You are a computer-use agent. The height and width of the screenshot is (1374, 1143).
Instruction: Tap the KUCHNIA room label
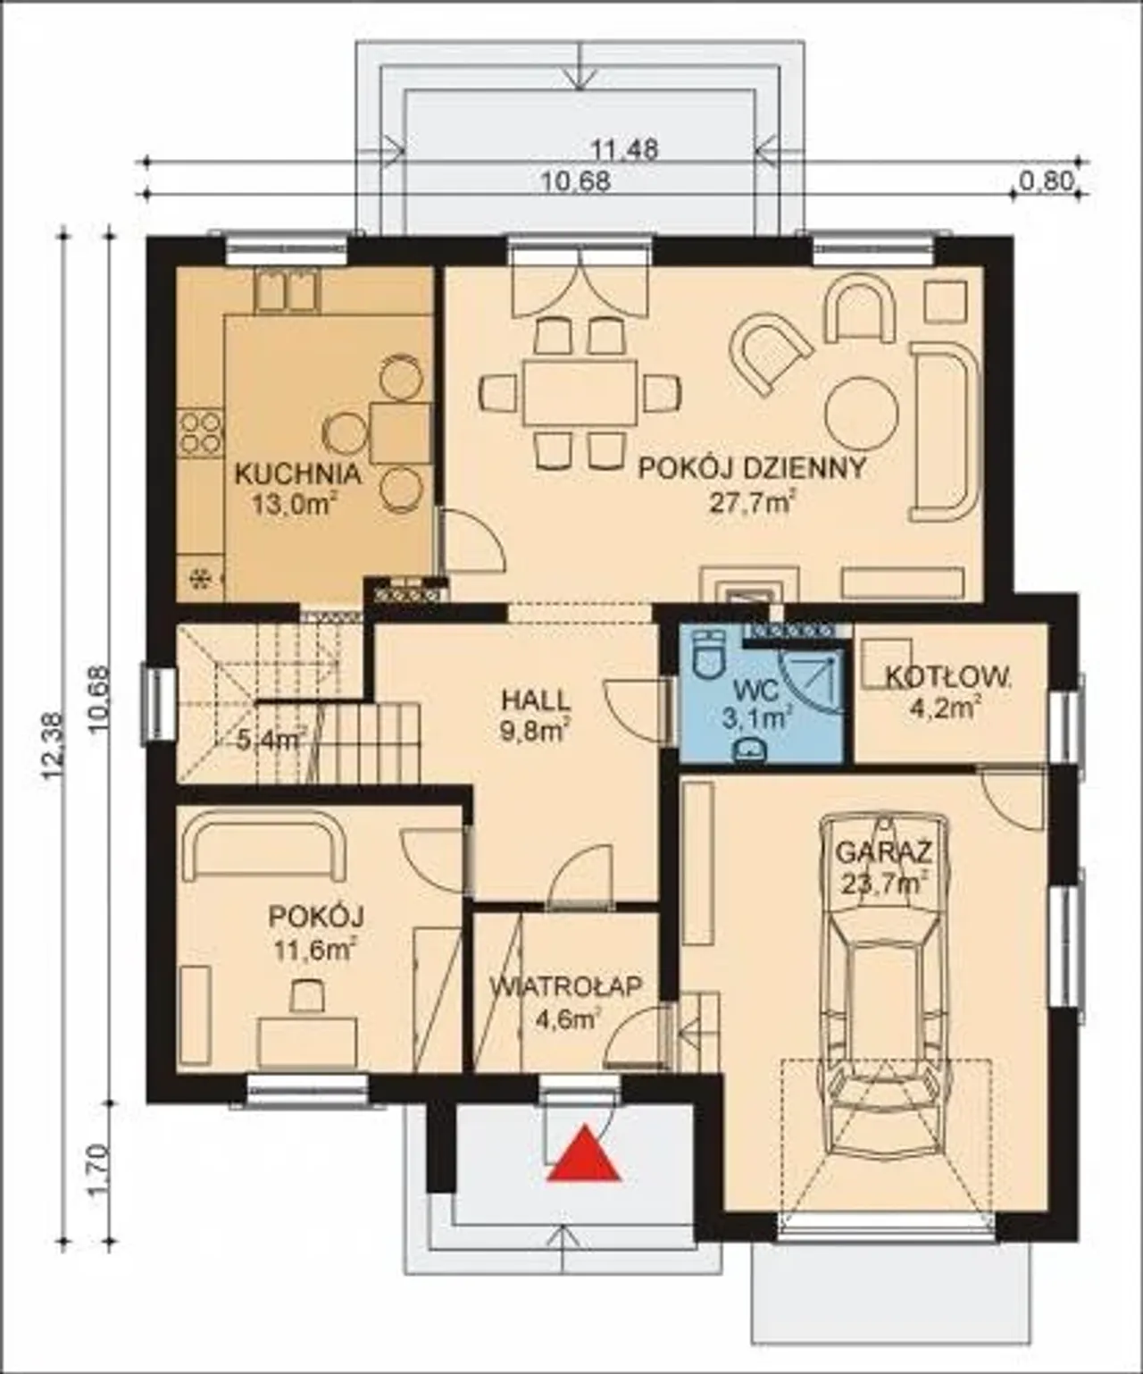click(x=298, y=473)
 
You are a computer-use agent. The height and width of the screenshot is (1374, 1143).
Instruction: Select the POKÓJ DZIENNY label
click(x=752, y=468)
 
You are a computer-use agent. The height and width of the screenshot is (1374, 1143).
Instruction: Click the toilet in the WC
click(x=709, y=657)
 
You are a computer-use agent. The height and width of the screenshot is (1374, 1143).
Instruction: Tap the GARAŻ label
click(x=883, y=852)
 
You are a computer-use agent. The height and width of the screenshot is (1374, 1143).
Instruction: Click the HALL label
click(x=536, y=700)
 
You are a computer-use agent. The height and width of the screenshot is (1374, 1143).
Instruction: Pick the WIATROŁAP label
click(x=566, y=986)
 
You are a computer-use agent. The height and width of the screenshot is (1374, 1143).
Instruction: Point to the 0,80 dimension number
click(x=1046, y=180)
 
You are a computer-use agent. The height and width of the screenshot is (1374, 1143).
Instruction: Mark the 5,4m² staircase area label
click(x=271, y=740)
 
